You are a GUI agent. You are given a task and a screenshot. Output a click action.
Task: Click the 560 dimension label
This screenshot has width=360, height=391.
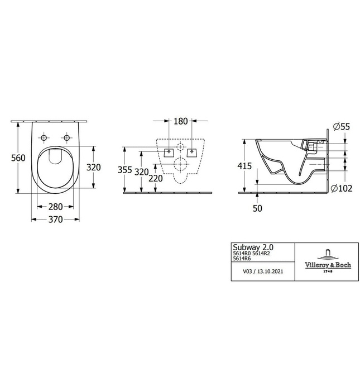(18, 158)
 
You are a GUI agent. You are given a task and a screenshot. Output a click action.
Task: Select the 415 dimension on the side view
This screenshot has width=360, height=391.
(244, 166)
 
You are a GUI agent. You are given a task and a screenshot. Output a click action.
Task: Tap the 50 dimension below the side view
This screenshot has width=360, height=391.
(257, 208)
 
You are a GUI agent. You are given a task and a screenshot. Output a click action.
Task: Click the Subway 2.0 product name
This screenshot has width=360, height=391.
(253, 246)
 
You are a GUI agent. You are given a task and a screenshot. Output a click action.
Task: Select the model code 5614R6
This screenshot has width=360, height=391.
(243, 259)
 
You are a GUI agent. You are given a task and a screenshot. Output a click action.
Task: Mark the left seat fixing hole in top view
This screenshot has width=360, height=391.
(44, 137)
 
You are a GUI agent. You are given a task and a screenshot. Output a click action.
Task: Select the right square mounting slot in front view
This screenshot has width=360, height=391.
(193, 151)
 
